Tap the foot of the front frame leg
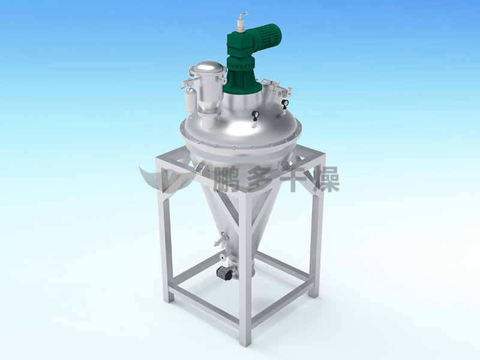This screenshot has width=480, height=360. point(245,341)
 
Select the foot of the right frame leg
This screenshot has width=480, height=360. point(313,292)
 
